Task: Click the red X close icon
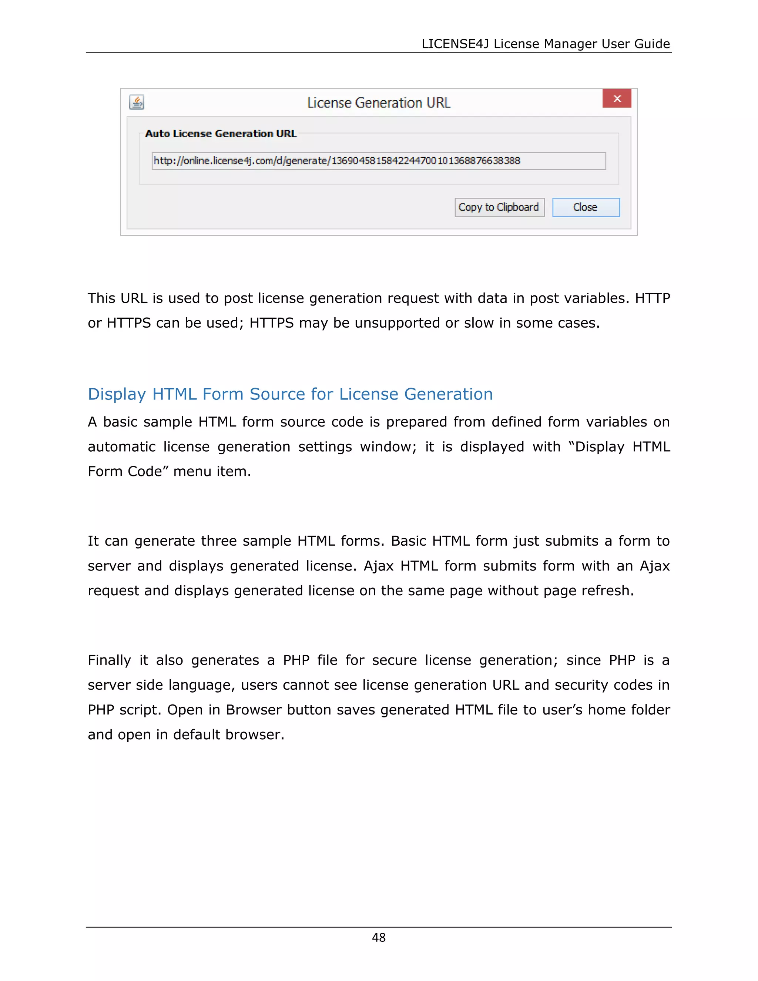pos(617,99)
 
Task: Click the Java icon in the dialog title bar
pos(137,103)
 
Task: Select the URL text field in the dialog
pos(378,161)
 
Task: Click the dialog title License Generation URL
pos(378,103)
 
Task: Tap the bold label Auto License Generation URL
pos(221,134)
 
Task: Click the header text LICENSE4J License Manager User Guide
pos(545,44)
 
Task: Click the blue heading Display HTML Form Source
pos(290,394)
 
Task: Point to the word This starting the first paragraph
pos(101,298)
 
